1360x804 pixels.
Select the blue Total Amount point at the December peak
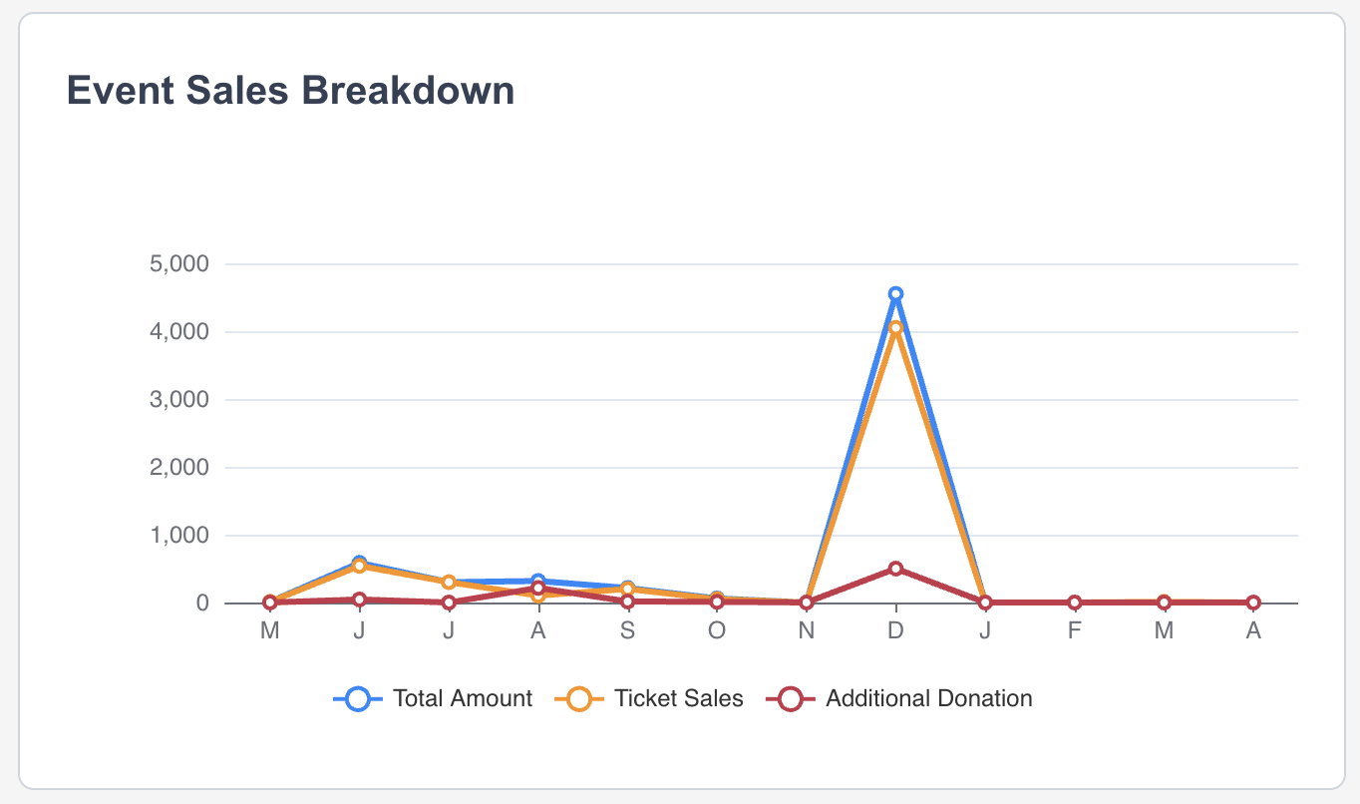(x=895, y=294)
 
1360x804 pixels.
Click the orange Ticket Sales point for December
(x=895, y=327)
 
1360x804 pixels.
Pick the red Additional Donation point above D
(x=895, y=569)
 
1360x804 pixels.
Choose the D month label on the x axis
(x=895, y=630)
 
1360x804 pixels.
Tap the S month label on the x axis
(x=627, y=630)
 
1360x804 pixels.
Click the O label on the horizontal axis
(x=717, y=630)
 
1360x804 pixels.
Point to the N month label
(x=807, y=630)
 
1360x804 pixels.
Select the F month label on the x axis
(x=1074, y=630)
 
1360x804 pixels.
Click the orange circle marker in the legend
(x=577, y=699)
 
